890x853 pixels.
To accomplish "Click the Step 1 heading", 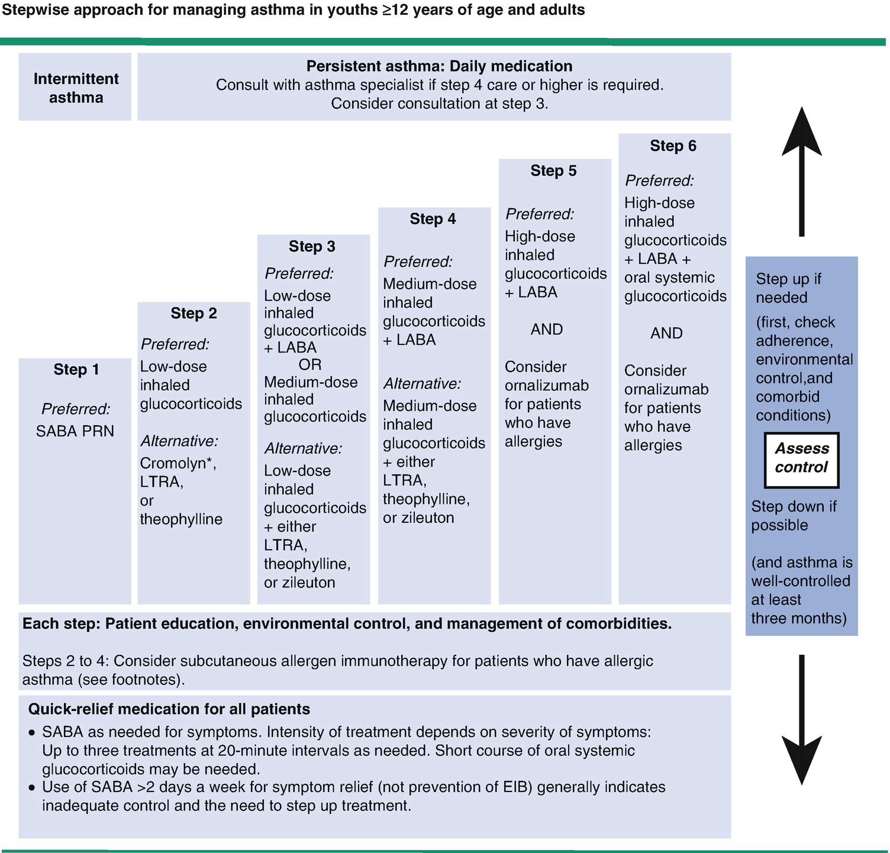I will point(76,370).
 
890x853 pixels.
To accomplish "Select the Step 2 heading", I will point(194,313).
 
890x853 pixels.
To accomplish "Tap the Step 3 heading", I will point(312,246).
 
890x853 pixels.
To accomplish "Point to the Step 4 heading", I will point(433,219).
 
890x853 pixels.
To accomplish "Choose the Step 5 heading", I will point(553,171).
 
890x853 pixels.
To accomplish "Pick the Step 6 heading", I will point(673,146).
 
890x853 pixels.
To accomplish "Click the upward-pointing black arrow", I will point(802,172).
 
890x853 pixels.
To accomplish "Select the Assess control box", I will point(802,458).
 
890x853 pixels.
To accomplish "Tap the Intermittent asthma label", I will point(76,88).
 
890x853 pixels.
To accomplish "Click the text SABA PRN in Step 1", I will point(75,431).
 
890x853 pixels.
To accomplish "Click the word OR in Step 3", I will point(310,364).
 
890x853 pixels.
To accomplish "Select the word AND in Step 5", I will point(546,329).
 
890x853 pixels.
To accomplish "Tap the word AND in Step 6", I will point(666,333).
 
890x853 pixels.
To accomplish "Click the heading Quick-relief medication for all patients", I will point(169,709).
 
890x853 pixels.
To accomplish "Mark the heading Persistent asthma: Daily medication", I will point(439,66).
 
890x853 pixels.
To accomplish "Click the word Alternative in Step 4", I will point(421,384).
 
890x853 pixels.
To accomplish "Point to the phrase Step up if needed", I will point(788,288).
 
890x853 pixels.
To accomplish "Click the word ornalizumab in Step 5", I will point(546,386).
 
